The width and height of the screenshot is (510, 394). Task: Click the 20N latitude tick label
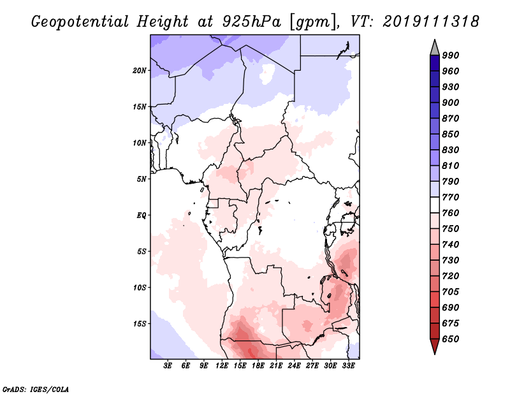pos(139,71)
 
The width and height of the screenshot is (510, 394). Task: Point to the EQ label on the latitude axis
pos(141,215)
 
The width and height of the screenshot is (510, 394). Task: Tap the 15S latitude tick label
pos(139,324)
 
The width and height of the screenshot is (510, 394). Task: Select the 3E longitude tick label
pos(168,366)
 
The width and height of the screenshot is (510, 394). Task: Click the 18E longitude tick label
pos(258,366)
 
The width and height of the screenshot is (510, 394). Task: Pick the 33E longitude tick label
pos(348,366)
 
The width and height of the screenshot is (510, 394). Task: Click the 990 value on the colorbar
pos(451,55)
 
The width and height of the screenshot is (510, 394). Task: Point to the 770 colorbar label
pos(451,197)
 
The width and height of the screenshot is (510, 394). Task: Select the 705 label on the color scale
pos(451,292)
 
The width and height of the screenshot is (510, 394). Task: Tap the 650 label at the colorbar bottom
pos(451,339)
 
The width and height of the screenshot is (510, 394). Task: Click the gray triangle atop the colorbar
pos(435,48)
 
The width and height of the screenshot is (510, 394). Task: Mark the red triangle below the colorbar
pos(435,346)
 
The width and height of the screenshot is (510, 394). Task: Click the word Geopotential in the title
pos(80,22)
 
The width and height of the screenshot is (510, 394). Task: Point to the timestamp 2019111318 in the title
pos(431,22)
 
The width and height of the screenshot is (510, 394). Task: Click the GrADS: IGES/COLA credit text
pos(36,390)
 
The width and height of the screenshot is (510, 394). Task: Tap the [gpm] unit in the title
pos(313,22)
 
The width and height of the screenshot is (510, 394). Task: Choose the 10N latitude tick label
pos(139,143)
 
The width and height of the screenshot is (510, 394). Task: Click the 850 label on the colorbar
pos(451,134)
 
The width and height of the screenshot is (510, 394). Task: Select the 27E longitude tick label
pos(312,366)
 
